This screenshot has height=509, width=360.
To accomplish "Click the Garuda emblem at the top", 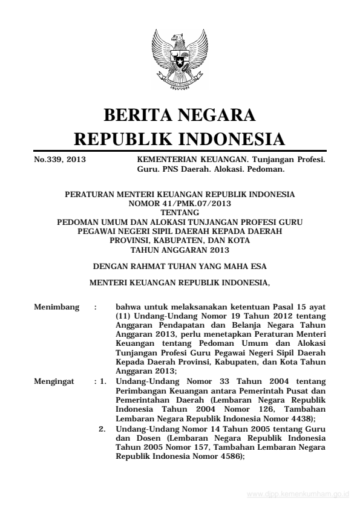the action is tap(179, 60).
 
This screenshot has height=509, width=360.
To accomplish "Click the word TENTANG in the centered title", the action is tap(179, 212).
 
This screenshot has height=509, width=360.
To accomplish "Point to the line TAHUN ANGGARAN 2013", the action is tap(179, 246).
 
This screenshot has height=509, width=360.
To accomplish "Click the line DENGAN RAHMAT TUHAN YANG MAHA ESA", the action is tap(179, 265).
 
